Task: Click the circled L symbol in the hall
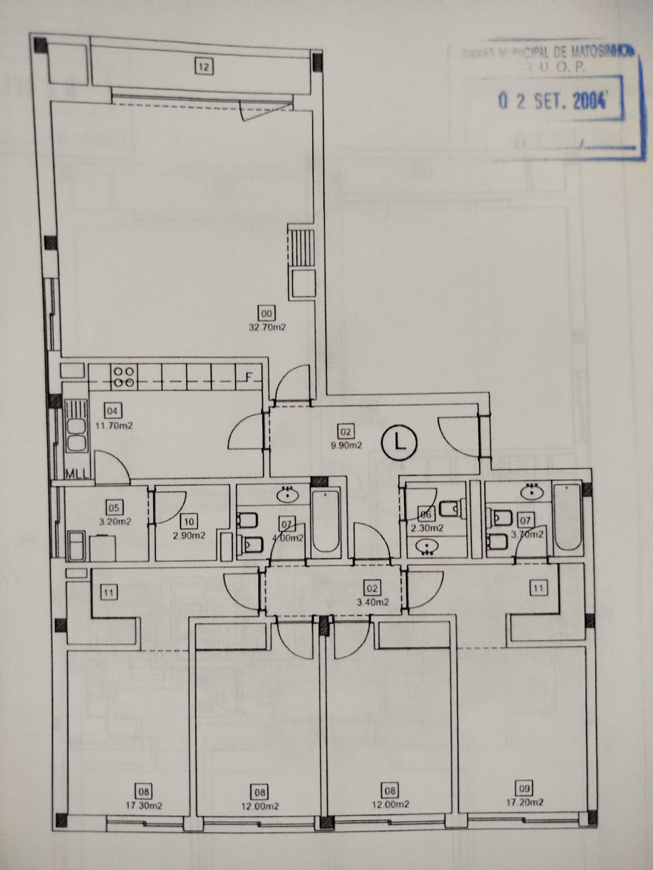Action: click(x=399, y=442)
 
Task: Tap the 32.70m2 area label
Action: click(x=268, y=327)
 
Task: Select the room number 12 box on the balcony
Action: click(x=203, y=67)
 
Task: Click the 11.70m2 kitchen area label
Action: click(x=114, y=425)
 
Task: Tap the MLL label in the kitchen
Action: click(x=75, y=473)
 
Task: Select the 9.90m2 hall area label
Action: click(x=347, y=445)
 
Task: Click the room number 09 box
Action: click(x=525, y=788)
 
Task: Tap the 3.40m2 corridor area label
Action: click(x=373, y=602)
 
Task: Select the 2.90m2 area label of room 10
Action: click(x=189, y=535)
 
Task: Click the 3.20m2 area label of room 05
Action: click(x=115, y=521)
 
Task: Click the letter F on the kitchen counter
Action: click(x=248, y=378)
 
